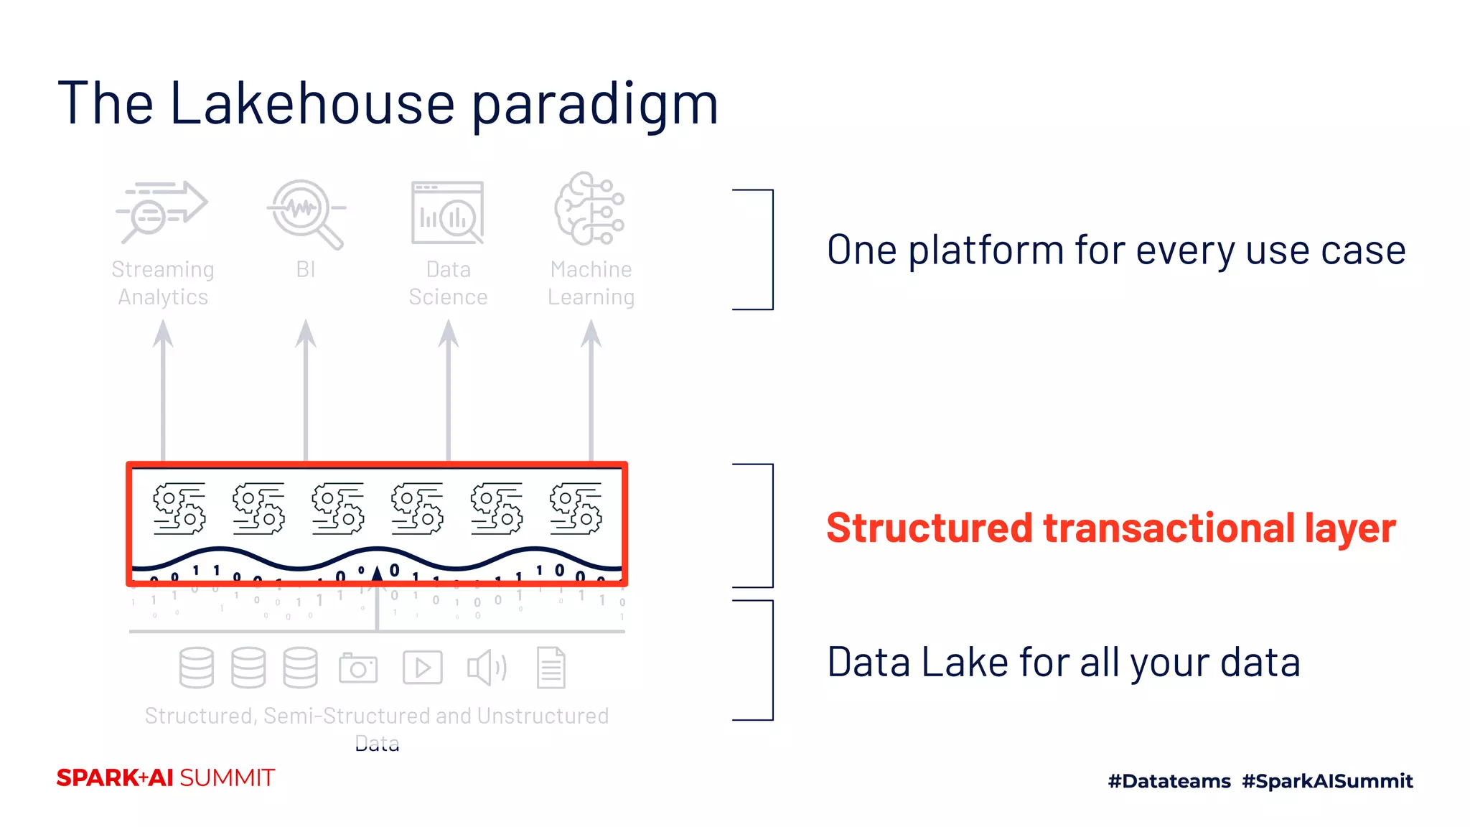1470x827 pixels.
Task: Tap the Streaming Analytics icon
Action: coord(162,210)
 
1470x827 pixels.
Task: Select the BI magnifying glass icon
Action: coord(306,212)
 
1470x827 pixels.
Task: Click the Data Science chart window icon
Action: coord(448,212)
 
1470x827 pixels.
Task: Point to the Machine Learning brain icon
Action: coord(589,209)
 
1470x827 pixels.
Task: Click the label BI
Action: coord(306,269)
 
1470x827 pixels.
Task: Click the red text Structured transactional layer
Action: coord(1110,528)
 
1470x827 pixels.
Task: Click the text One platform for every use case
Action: coord(1115,251)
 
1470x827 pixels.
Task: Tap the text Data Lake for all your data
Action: coord(1063,662)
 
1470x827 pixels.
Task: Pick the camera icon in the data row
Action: coord(358,668)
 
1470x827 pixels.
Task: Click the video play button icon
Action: coord(422,668)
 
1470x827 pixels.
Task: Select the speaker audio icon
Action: coord(487,668)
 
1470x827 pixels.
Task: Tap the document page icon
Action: coord(551,668)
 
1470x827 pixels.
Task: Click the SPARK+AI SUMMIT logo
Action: coord(166,777)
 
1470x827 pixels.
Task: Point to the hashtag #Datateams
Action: coord(1169,781)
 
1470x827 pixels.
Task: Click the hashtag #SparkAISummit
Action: coord(1327,781)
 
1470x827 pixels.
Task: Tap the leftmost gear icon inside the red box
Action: coord(179,508)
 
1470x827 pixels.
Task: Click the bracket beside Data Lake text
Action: coord(771,660)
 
